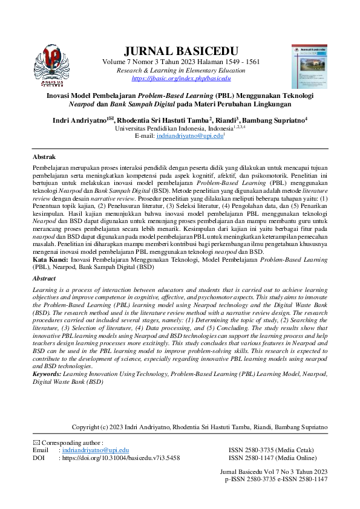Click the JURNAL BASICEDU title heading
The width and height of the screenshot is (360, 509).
pos(180,51)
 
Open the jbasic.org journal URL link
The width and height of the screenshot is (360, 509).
pos(181,79)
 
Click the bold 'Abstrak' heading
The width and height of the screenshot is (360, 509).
pos(44,157)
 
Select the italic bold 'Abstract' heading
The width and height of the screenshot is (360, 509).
pos(44,279)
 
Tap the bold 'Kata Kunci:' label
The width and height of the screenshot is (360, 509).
pos(50,259)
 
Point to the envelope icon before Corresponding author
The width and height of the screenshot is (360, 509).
pos(36,443)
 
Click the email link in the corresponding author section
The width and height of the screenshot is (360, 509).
pos(94,450)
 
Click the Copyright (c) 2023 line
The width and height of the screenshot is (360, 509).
pos(200,427)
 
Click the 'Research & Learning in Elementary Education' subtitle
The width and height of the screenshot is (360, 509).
pos(181,71)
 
